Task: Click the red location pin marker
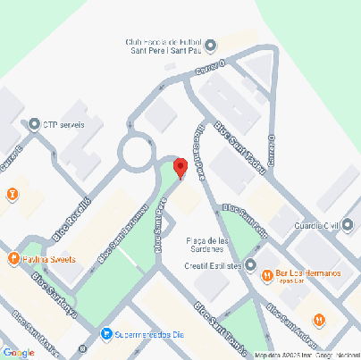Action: click(180, 168)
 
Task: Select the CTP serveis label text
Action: click(64, 124)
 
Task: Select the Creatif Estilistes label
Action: click(213, 264)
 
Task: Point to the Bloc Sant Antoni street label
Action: click(119, 236)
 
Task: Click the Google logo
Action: click(18, 352)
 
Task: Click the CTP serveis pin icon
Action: click(35, 124)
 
